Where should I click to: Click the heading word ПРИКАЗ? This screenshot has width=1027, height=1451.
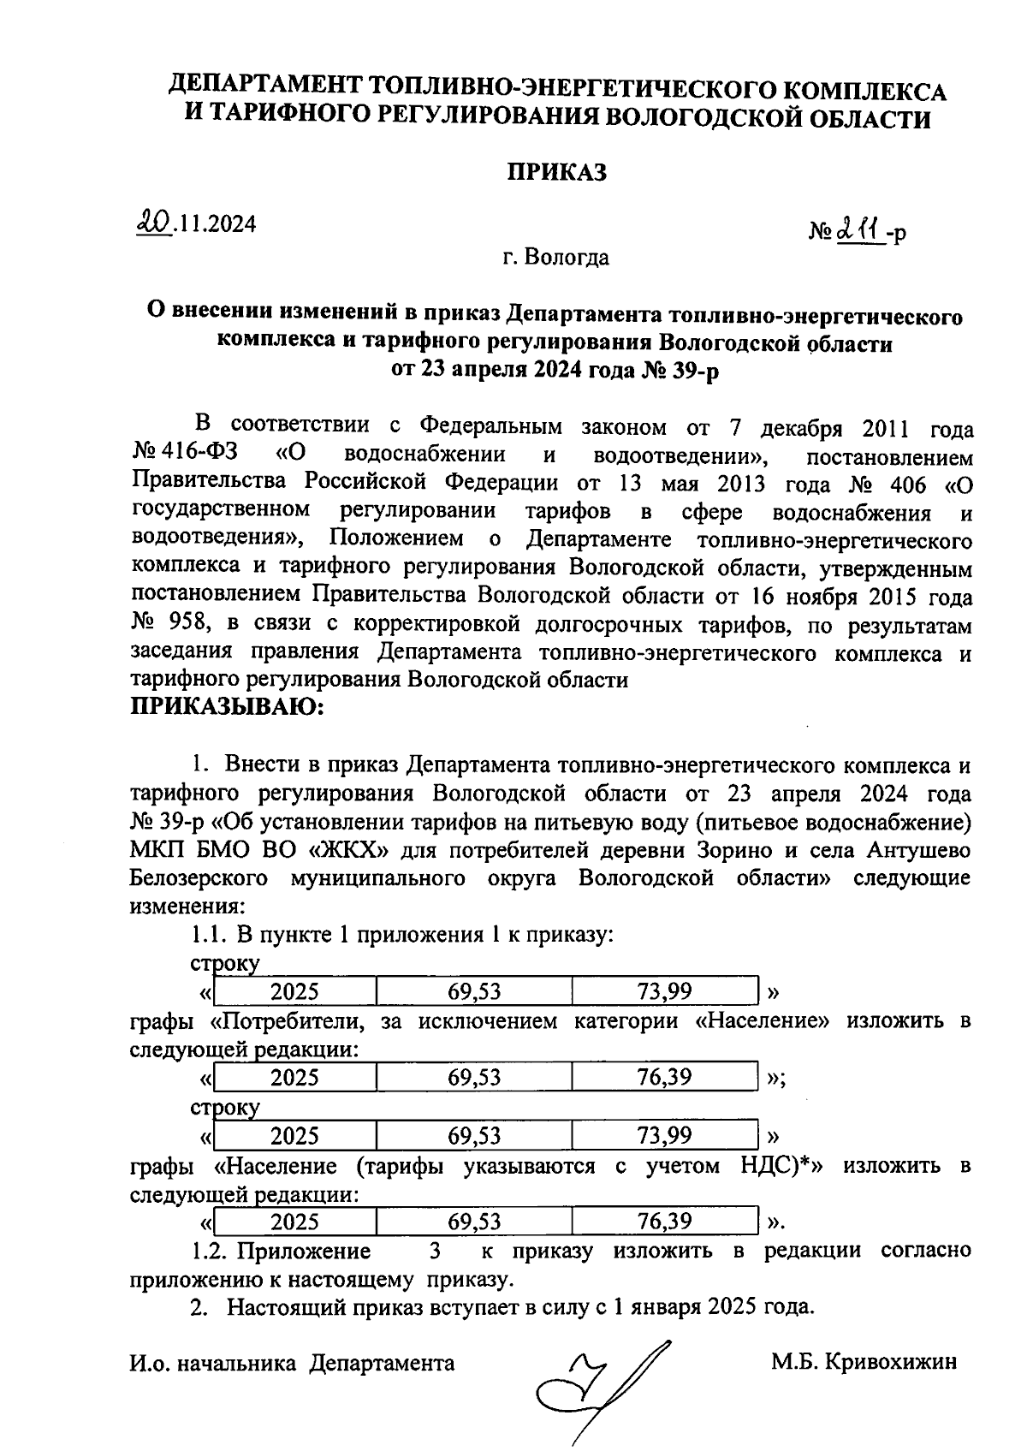coord(557,172)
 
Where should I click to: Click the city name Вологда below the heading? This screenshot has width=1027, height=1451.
coord(567,257)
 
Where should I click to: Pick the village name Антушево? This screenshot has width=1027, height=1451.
coord(918,852)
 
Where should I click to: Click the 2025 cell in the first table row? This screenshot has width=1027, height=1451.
coord(294,992)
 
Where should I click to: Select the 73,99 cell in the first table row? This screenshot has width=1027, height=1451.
coord(665,992)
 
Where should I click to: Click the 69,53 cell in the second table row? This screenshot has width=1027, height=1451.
coord(474,1077)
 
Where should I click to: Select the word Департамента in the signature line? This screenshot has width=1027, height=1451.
coord(382,1362)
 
